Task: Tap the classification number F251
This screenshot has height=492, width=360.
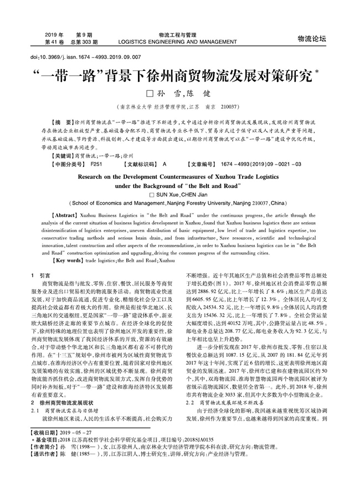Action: (x=96, y=165)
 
